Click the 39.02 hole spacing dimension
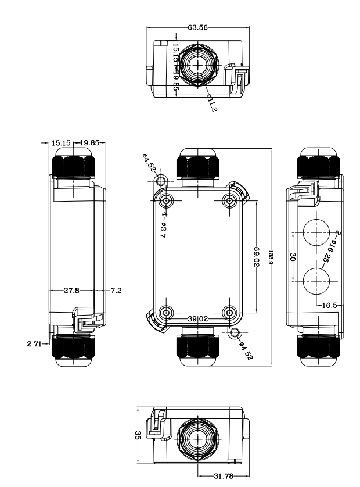[199, 318]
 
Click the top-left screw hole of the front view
[167, 201]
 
